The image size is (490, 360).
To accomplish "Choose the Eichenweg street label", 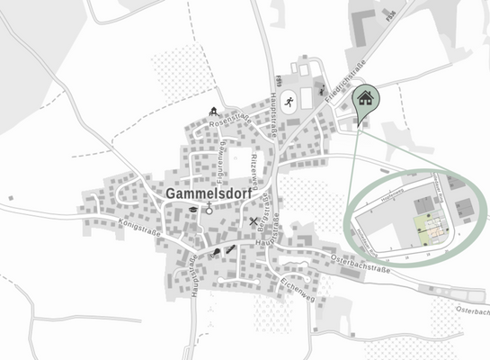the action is tap(296, 287).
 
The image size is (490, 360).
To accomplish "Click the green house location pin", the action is tap(365, 99).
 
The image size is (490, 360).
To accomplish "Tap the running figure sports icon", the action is tap(288, 102).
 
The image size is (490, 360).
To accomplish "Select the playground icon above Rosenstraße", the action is tap(215, 112).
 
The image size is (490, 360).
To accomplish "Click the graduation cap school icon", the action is tap(192, 209).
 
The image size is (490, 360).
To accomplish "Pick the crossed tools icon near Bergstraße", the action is tap(254, 221).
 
